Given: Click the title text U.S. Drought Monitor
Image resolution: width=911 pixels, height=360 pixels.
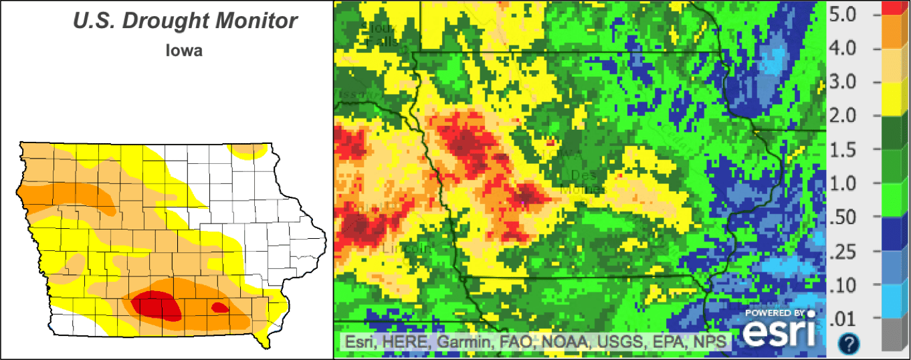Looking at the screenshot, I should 185,21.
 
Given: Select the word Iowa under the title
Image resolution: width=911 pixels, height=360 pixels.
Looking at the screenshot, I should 184,50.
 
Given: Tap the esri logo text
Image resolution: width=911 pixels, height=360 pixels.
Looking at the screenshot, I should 781,332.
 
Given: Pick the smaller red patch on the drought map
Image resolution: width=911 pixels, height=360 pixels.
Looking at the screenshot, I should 219,308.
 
